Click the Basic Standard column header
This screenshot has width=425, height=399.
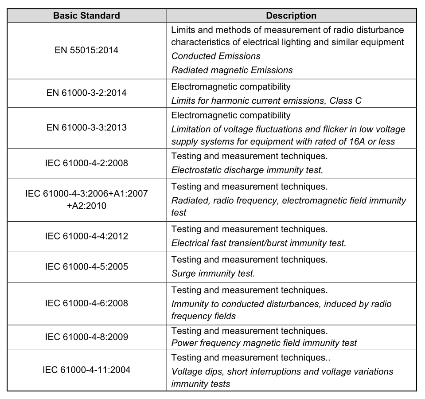(x=86, y=16)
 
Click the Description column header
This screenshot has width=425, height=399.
(x=291, y=16)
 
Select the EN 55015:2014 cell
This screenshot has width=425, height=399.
(x=86, y=50)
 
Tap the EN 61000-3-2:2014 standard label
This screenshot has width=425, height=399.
(x=86, y=93)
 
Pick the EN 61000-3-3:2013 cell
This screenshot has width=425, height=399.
(x=86, y=128)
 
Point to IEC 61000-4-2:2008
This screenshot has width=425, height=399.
(x=86, y=163)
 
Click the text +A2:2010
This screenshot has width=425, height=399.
(x=86, y=206)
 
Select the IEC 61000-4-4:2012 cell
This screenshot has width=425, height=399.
(x=86, y=236)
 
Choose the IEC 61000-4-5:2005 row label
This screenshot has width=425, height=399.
(x=86, y=266)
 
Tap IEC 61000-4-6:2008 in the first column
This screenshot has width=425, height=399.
(x=86, y=303)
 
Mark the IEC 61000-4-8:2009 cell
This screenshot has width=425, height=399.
(x=86, y=337)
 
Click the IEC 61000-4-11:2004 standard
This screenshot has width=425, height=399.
(x=86, y=369)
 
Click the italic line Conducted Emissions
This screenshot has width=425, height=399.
(x=216, y=56)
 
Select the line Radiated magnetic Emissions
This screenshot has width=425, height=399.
(x=232, y=70)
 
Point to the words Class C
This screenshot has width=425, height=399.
(x=345, y=101)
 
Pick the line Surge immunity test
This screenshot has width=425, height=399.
(x=213, y=274)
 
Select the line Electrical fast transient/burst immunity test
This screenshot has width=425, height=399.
(x=258, y=243)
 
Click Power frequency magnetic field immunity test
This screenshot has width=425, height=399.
(x=264, y=343)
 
